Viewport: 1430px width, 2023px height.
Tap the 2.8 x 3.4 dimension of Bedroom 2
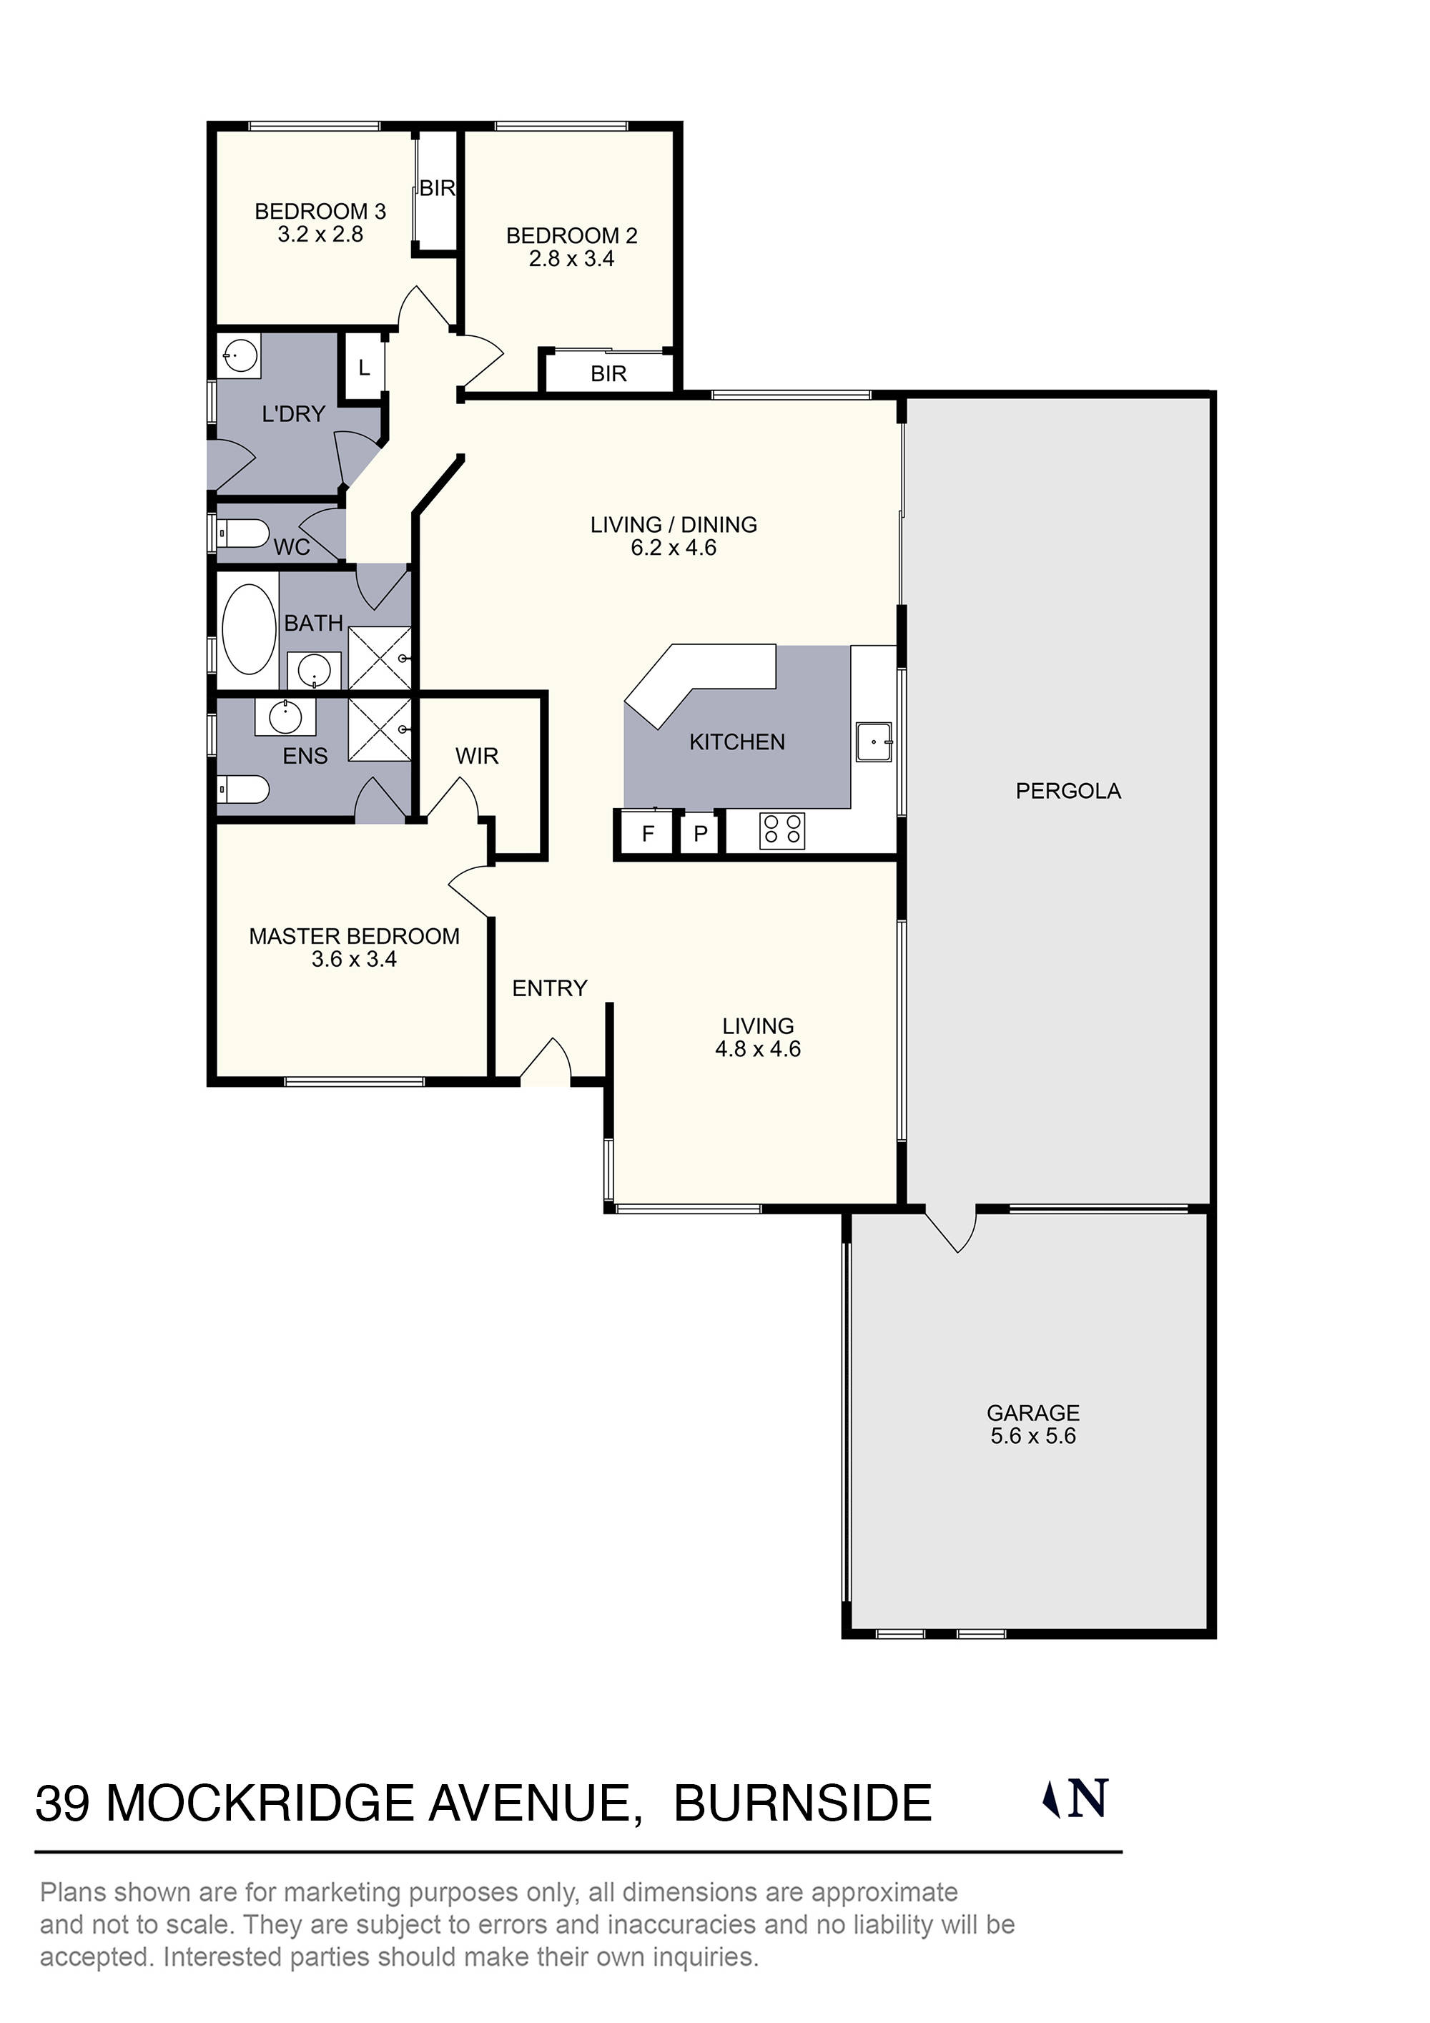point(571,259)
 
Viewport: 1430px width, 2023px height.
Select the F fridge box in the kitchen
point(648,834)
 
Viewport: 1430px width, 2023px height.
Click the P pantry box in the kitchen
point(701,834)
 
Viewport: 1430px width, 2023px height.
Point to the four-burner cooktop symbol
point(781,830)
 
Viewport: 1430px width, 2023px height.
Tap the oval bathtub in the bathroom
point(249,629)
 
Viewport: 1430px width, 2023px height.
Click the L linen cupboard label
point(364,368)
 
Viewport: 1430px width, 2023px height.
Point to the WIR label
point(477,756)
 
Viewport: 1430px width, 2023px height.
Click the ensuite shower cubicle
point(380,729)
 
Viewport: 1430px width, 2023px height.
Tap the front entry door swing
point(546,1062)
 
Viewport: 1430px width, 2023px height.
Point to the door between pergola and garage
point(952,1229)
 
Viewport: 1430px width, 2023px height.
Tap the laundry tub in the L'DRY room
point(239,357)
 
